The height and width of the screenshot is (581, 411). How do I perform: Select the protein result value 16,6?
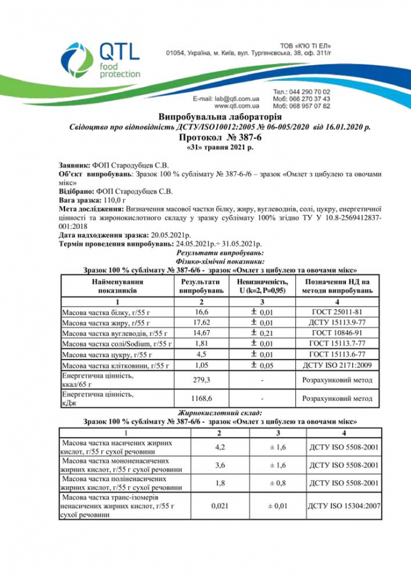click(202, 312)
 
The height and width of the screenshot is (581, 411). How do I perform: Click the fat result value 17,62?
click(202, 323)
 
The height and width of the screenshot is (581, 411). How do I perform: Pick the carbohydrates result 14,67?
click(202, 333)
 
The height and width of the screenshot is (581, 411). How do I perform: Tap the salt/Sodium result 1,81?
click(202, 343)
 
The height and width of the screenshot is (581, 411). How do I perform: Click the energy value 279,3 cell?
click(202, 381)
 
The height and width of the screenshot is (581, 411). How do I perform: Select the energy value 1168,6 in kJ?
click(202, 399)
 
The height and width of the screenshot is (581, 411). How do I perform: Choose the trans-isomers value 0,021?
click(218, 506)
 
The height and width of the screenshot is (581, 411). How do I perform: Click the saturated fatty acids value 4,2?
click(218, 447)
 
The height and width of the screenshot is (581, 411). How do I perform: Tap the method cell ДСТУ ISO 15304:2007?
click(343, 506)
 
